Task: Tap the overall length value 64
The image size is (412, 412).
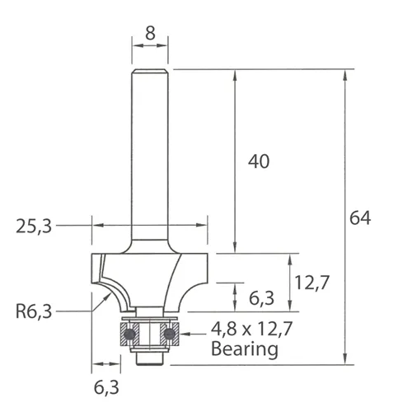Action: click(360, 218)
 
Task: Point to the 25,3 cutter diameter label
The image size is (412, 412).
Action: click(34, 225)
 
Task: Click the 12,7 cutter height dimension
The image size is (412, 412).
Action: click(312, 283)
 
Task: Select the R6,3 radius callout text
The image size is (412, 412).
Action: click(34, 311)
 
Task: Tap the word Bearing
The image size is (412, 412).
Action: click(244, 349)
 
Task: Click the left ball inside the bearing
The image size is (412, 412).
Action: click(130, 334)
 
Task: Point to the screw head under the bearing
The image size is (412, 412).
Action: click(149, 359)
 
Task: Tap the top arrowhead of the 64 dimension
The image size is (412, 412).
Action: click(342, 74)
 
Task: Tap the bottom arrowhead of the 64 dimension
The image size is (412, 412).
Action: click(342, 360)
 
